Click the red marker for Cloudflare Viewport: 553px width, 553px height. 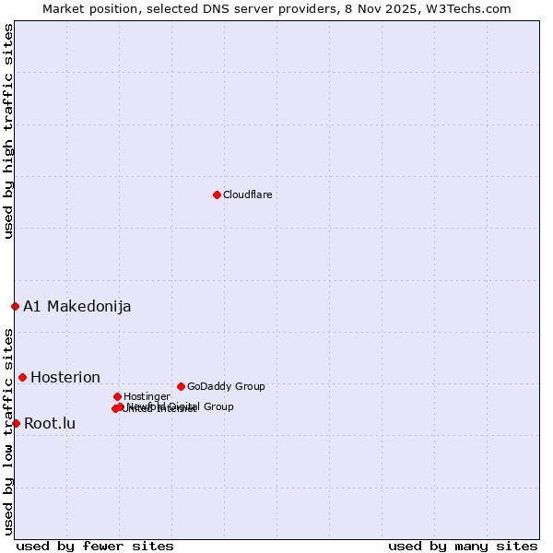point(217,194)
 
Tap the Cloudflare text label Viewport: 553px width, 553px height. point(247,194)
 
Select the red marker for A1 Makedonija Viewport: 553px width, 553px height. point(15,306)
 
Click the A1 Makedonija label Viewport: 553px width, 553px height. point(77,306)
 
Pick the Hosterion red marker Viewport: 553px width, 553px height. point(22,377)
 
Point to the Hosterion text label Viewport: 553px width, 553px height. point(65,377)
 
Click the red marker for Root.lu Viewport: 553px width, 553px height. point(16,423)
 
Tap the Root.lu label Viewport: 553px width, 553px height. point(50,424)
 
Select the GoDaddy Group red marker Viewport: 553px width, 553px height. point(181,386)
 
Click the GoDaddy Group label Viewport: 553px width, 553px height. point(226,386)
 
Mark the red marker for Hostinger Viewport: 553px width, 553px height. point(117,396)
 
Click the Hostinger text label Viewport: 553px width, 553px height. point(147,396)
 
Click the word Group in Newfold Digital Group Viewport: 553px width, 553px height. point(218,406)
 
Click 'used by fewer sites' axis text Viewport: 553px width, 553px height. point(95,546)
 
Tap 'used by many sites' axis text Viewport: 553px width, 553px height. point(463,546)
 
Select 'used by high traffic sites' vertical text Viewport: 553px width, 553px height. point(8,132)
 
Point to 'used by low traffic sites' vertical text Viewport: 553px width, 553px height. point(8,431)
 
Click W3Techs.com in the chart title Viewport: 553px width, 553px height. point(474,8)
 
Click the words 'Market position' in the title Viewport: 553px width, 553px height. point(86,8)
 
